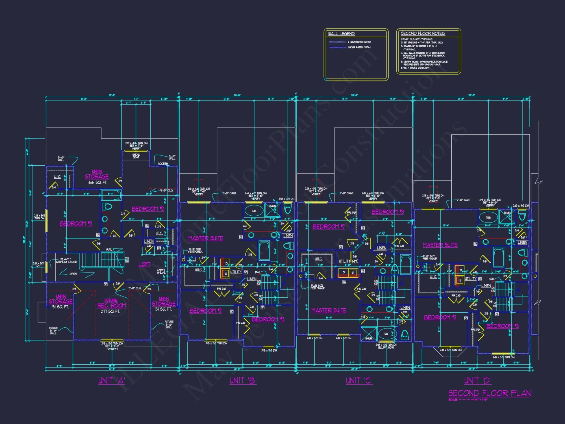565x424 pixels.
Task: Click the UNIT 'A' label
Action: click(112, 380)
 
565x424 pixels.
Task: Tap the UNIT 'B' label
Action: click(243, 380)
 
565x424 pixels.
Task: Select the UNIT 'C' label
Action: click(359, 380)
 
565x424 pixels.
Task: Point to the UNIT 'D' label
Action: click(478, 380)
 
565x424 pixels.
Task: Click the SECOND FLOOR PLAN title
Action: click(489, 393)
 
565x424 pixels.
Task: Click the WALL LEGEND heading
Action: click(341, 34)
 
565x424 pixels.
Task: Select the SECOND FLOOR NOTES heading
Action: click(423, 33)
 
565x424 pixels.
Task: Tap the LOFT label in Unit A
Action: click(144, 264)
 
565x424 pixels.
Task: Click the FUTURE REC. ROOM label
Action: click(112, 303)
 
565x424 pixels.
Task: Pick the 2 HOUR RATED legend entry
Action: click(359, 42)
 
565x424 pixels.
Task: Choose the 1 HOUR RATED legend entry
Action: click(359, 47)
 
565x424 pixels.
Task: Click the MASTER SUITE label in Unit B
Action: click(206, 238)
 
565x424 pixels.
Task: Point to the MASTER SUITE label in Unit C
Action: click(329, 310)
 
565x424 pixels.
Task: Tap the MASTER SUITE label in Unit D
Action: click(440, 245)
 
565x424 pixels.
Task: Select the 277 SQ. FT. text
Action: click(110, 311)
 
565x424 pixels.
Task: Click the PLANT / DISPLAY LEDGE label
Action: click(66, 260)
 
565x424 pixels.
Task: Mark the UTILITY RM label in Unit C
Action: click(348, 261)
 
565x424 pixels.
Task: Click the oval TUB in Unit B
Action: click(254, 211)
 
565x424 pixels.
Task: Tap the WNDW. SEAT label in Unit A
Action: click(136, 156)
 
